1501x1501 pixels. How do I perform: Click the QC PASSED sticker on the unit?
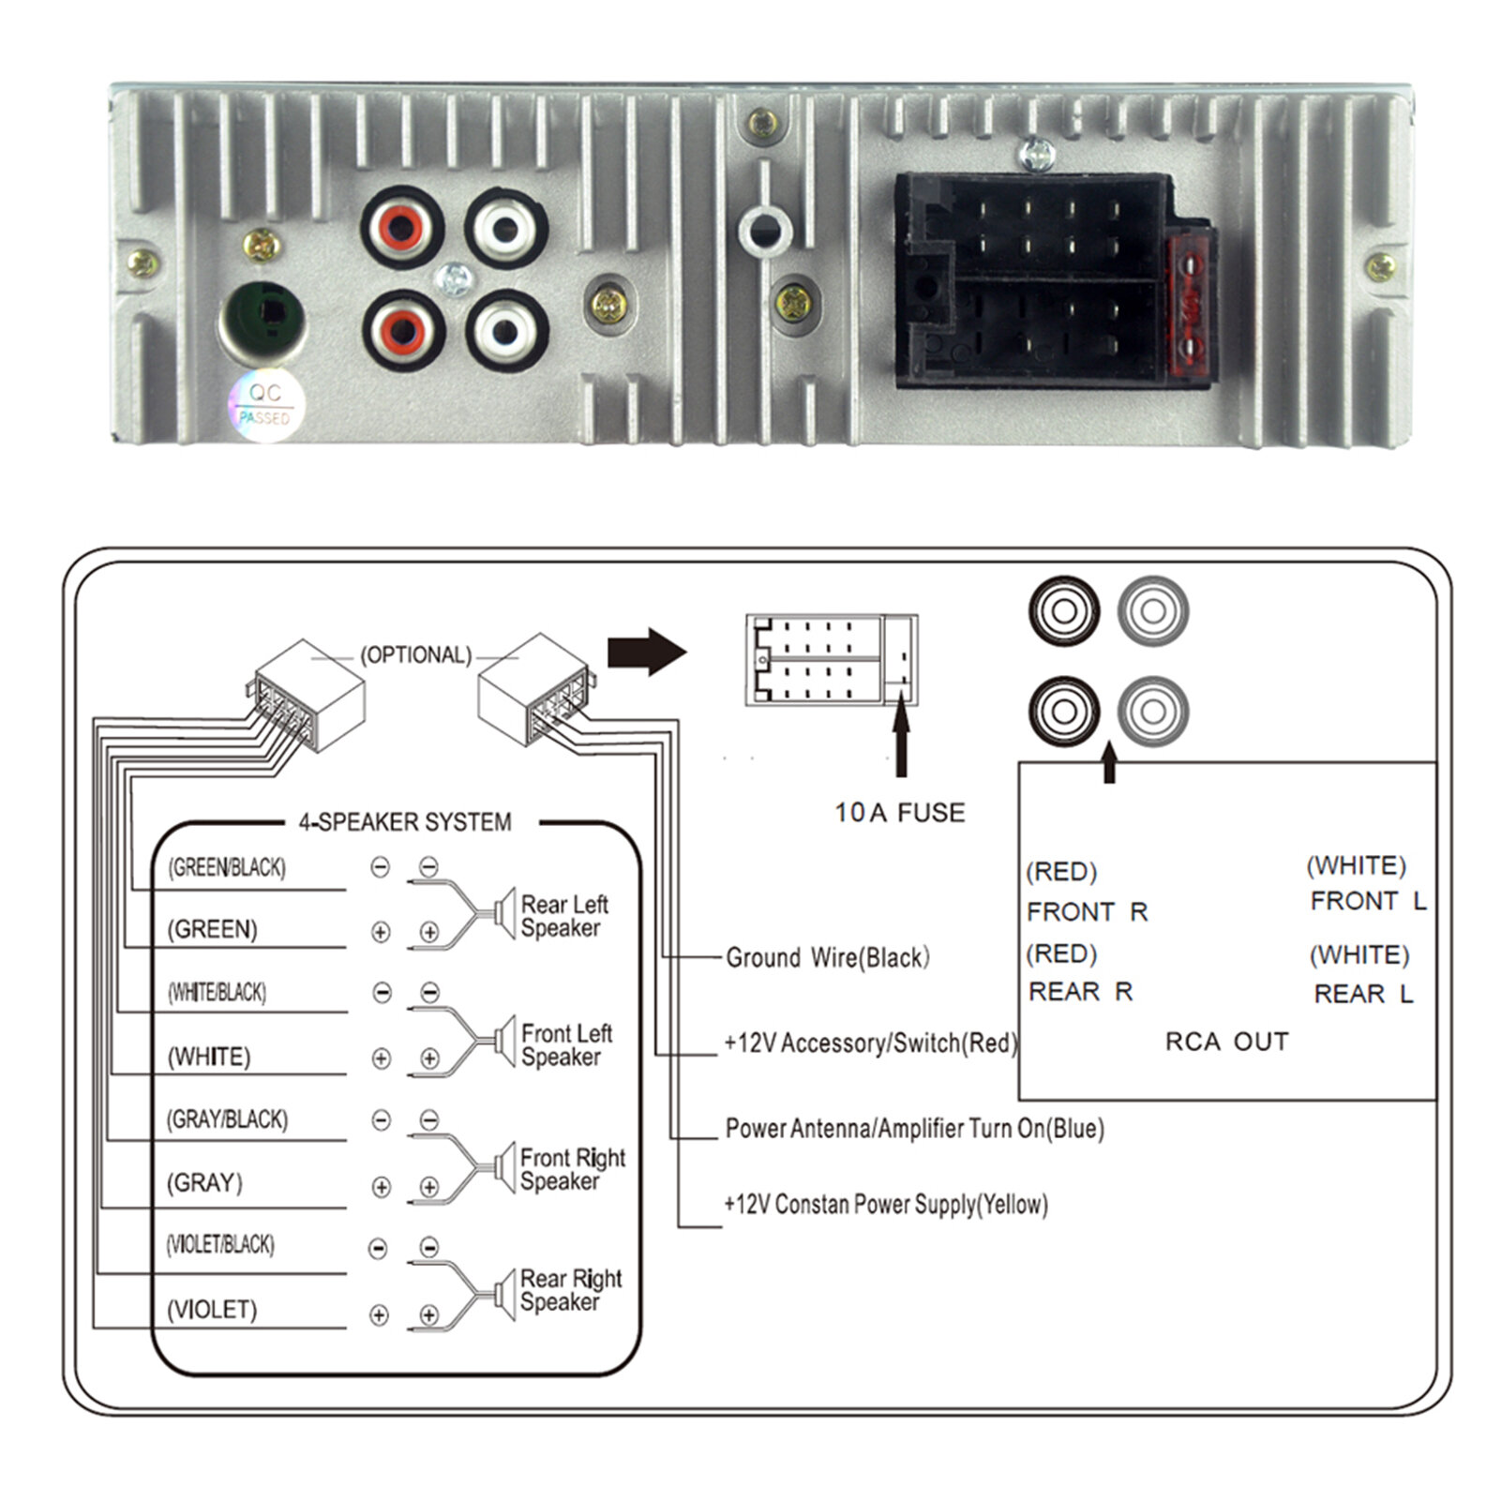click(x=265, y=404)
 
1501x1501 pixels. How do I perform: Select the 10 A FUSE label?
click(x=899, y=813)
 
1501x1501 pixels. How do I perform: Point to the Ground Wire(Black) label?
click(x=827, y=957)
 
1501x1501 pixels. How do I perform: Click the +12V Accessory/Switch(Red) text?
click(x=870, y=1043)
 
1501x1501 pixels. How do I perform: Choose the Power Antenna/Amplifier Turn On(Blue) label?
click(x=914, y=1128)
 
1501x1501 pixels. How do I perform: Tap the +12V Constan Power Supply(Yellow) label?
click(x=885, y=1204)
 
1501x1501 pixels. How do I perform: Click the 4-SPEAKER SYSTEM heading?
click(x=405, y=822)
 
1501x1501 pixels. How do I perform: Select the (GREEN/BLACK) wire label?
click(x=227, y=867)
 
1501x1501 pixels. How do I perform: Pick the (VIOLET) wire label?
click(x=212, y=1309)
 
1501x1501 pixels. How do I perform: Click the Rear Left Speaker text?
click(x=563, y=916)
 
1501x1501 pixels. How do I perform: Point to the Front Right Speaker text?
click(x=572, y=1169)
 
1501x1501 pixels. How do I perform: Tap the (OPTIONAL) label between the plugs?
click(x=415, y=654)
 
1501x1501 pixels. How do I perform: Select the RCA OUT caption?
click(x=1226, y=1042)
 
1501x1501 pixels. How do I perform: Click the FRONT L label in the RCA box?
click(x=1367, y=901)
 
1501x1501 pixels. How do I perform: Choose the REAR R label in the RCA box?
click(x=1080, y=991)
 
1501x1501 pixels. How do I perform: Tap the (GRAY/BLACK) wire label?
click(x=228, y=1119)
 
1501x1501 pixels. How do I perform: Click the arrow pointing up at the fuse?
click(x=901, y=741)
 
